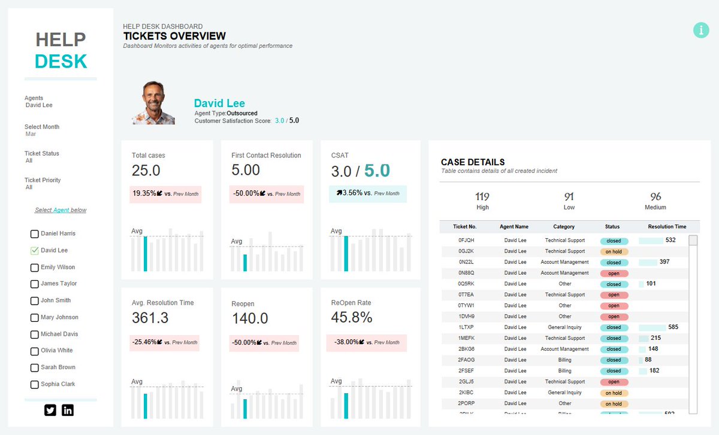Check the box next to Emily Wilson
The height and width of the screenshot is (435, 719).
pyautogui.click(x=34, y=267)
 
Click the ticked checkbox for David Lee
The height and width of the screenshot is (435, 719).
pyautogui.click(x=34, y=251)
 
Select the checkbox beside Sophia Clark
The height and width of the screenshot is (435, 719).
pyautogui.click(x=34, y=385)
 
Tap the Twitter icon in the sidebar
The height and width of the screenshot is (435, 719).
pyautogui.click(x=50, y=410)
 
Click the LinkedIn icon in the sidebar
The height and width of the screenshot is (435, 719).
pyautogui.click(x=68, y=410)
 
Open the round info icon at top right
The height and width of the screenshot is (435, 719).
pyautogui.click(x=701, y=30)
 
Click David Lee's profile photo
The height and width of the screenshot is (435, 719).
pyautogui.click(x=153, y=103)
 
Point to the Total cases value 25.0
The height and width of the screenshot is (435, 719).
pyautogui.click(x=146, y=171)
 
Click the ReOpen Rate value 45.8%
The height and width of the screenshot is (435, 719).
pyautogui.click(x=352, y=318)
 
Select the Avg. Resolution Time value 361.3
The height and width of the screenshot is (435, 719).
pyautogui.click(x=150, y=318)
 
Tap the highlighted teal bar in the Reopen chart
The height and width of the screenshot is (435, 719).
pyautogui.click(x=245, y=409)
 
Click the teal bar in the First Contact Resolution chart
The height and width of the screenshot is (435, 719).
pyautogui.click(x=245, y=262)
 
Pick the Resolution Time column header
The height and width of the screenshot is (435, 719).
pyautogui.click(x=667, y=227)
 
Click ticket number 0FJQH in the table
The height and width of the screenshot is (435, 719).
pyautogui.click(x=467, y=241)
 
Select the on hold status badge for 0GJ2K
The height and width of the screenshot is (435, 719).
pyautogui.click(x=614, y=252)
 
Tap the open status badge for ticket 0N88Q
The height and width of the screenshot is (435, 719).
pyautogui.click(x=614, y=273)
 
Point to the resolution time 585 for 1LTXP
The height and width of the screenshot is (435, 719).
pyautogui.click(x=673, y=327)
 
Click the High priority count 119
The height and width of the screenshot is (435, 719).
pyautogui.click(x=482, y=197)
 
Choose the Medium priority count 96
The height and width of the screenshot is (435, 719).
pyautogui.click(x=655, y=197)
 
